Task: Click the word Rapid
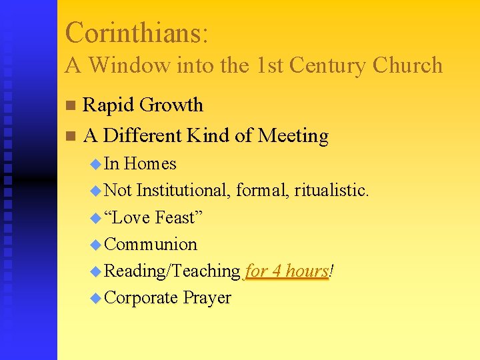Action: coord(107,105)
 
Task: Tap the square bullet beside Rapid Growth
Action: coord(71,105)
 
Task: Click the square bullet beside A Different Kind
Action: coord(71,136)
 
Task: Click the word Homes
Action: coord(150,163)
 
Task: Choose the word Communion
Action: coord(151,244)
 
